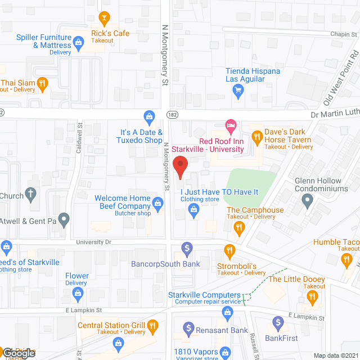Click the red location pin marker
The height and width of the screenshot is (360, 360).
[179, 168]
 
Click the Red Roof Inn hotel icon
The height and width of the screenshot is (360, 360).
[229, 124]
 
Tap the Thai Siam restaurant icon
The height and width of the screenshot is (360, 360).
[42, 85]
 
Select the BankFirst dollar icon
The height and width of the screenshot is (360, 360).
[277, 323]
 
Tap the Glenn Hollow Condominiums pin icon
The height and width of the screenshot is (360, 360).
[307, 200]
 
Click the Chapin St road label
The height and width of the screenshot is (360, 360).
[340, 33]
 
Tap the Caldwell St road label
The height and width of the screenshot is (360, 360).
[80, 139]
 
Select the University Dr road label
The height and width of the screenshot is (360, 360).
[93, 241]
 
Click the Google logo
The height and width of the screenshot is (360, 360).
[18, 353]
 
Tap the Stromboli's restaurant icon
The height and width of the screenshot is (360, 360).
[229, 249]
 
